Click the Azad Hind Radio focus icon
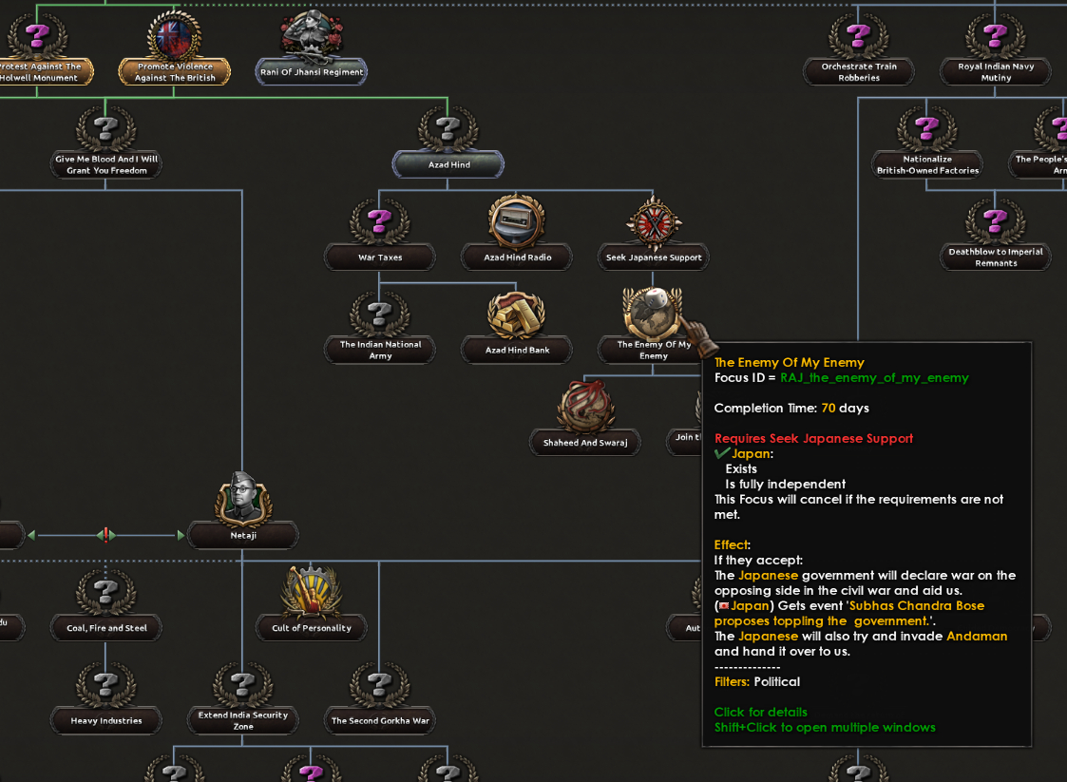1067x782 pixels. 517,222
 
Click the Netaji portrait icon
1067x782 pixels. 243,500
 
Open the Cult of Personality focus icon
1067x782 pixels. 312,592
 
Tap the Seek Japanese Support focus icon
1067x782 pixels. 654,222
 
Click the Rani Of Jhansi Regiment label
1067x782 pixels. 312,72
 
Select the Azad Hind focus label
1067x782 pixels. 448,165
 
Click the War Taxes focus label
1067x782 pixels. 380,257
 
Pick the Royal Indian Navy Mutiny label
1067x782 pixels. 996,72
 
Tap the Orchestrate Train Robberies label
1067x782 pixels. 859,72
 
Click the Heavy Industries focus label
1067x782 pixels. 106,721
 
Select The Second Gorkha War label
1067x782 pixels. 380,721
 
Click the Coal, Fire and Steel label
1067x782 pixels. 106,628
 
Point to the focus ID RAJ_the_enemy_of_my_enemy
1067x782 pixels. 874,378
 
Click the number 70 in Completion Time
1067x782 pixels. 829,409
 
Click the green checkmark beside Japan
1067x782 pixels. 722,454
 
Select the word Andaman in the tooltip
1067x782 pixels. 977,637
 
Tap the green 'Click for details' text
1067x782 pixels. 761,713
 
